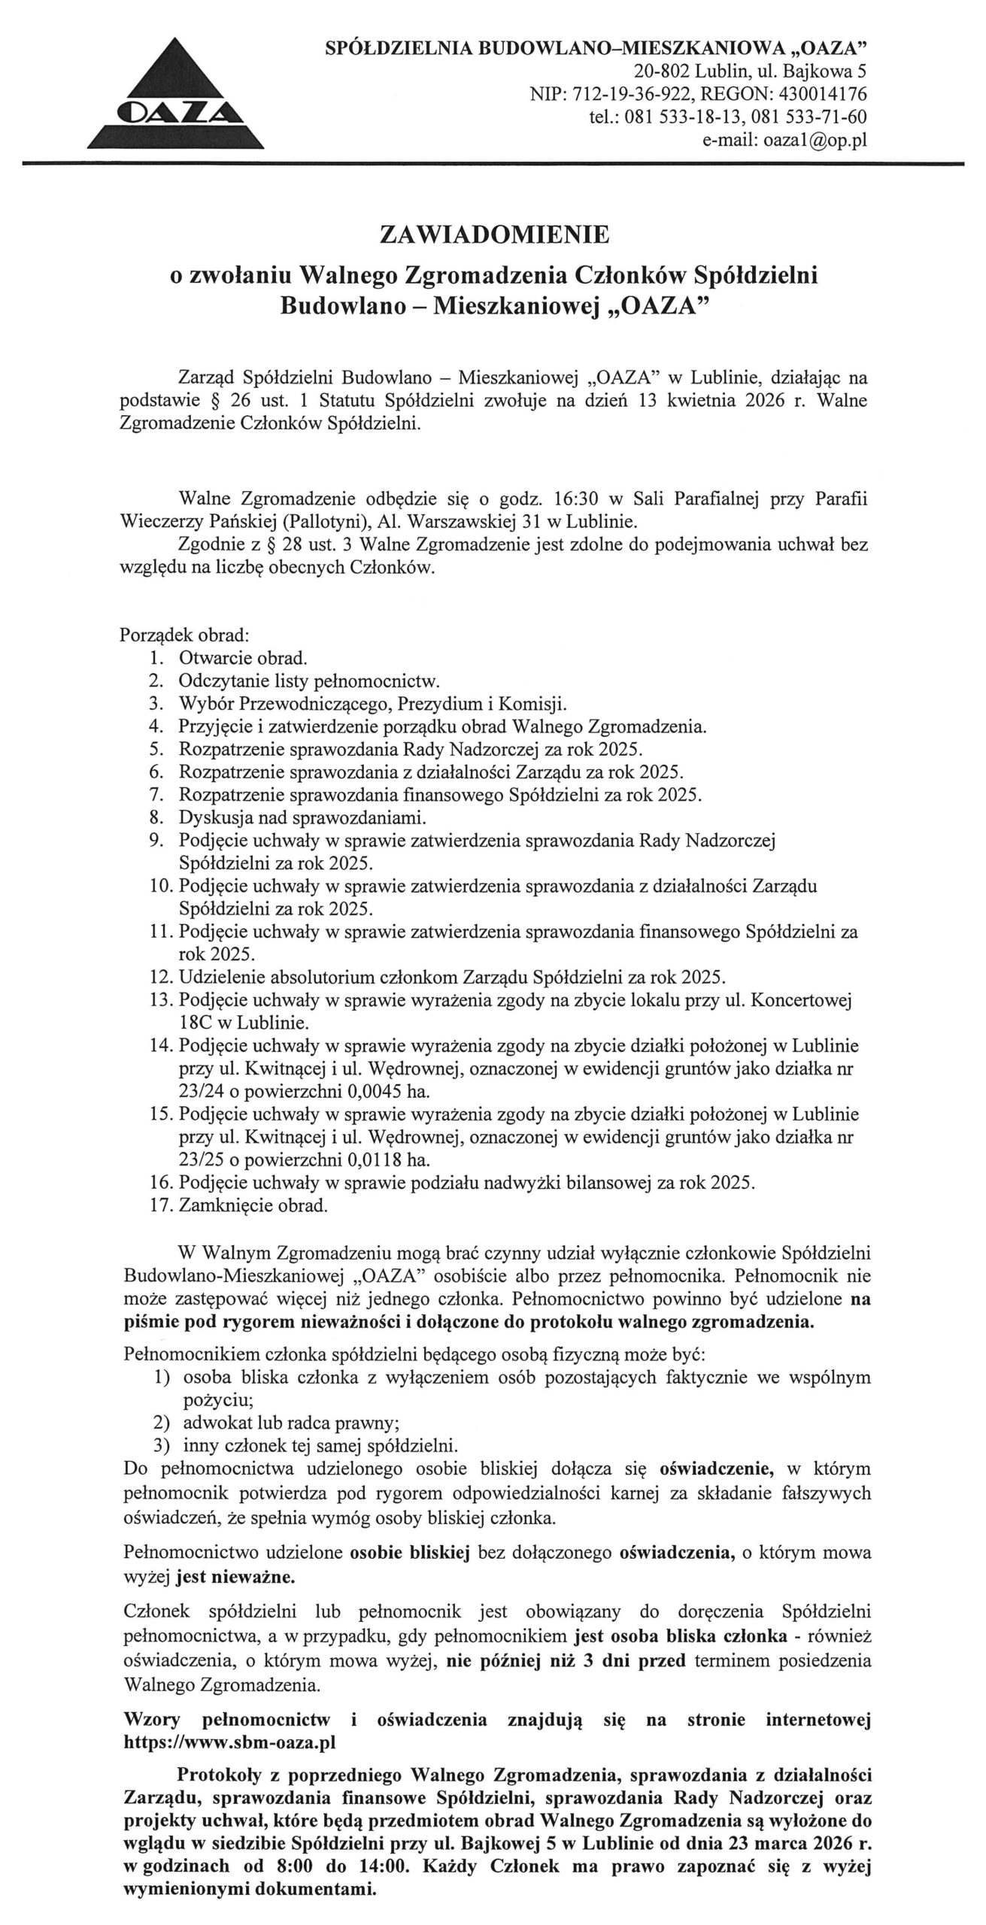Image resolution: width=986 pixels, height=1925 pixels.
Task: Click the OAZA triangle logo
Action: pos(176,95)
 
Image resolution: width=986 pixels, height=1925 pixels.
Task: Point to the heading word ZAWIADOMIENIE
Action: pos(493,237)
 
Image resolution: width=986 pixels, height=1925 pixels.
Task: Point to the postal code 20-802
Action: pos(661,72)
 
